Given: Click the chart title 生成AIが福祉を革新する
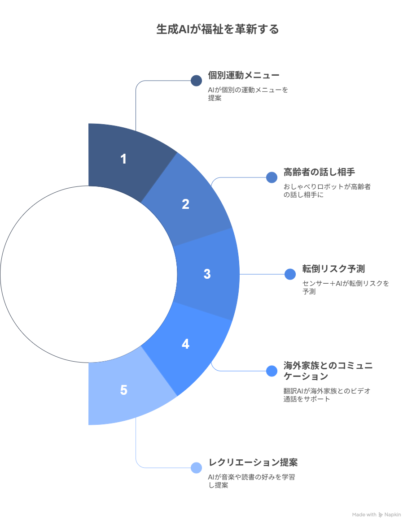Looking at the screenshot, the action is tap(217, 29).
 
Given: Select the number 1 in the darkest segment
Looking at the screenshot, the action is tap(123, 159).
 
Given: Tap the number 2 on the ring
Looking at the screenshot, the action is tap(185, 204).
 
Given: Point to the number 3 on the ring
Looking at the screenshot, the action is tap(207, 274).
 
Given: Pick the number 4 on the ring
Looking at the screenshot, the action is tap(185, 344).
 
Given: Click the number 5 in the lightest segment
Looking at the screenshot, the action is tap(123, 390).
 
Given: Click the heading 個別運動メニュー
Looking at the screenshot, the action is tap(243, 75).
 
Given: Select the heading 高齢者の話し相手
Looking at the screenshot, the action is tap(319, 172).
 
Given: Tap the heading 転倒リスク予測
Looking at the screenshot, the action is tap(333, 269).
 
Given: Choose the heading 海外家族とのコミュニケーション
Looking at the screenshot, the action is tap(328, 371).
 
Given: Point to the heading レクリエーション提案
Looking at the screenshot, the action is tap(253, 462).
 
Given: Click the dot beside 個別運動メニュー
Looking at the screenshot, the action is tap(196, 81).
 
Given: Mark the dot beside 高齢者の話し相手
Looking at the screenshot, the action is tap(272, 177).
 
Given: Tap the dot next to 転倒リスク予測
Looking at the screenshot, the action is tap(290, 274).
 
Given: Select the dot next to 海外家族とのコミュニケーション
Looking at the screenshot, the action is tap(272, 371).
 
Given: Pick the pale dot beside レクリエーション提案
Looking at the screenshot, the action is tap(196, 468).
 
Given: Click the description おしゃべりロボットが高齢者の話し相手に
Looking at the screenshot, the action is tap(327, 190).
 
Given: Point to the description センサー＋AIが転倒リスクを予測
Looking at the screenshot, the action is tap(346, 287).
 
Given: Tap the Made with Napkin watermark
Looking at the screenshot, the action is tap(376, 514).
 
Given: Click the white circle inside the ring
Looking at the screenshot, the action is tap(88, 274).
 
